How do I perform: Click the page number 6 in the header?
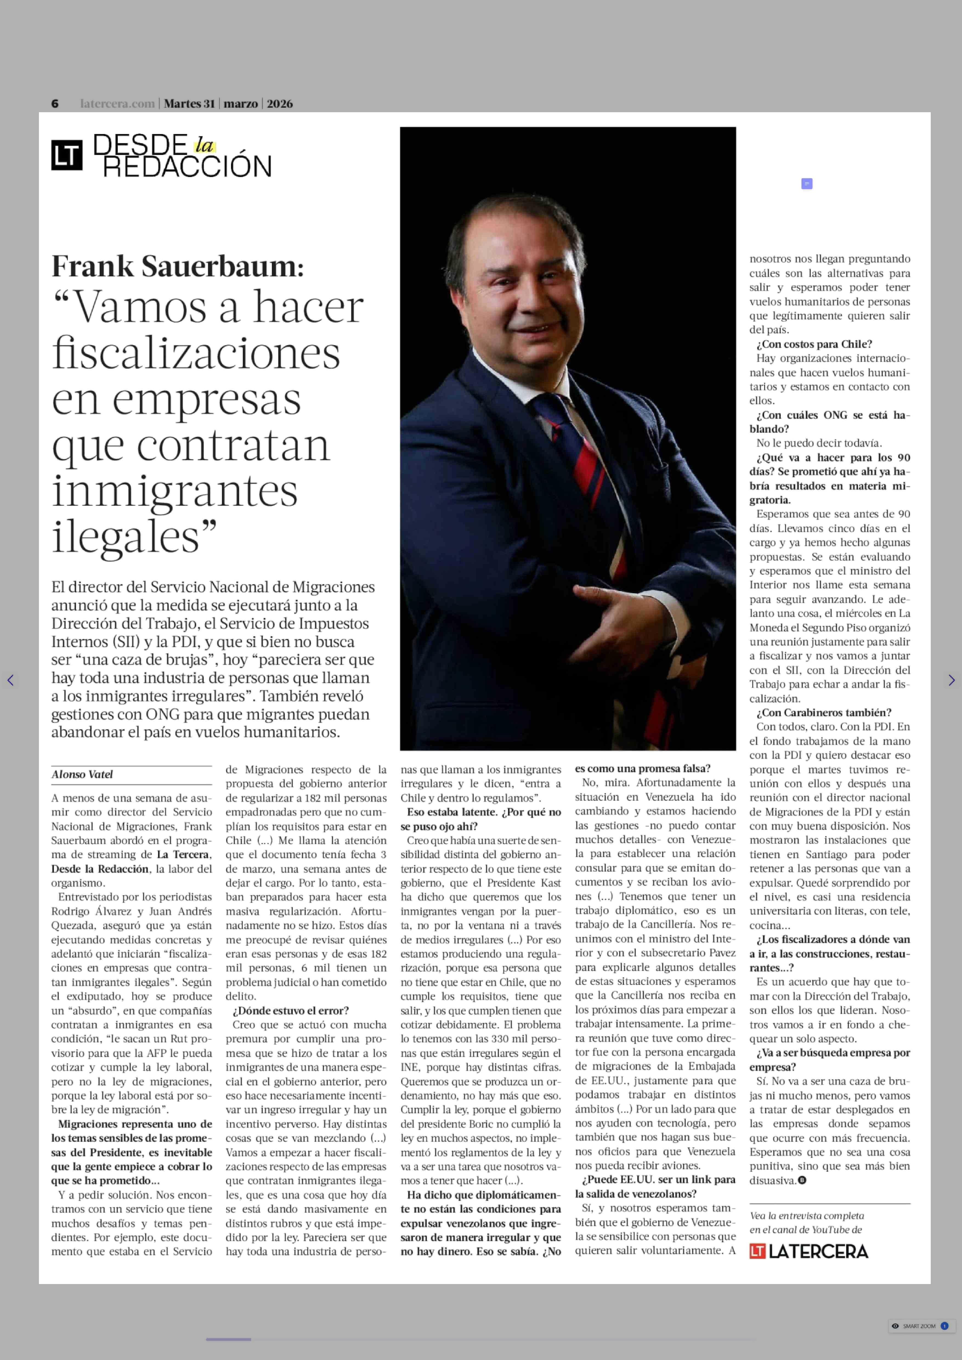pyautogui.click(x=55, y=104)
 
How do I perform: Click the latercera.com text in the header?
pyautogui.click(x=117, y=104)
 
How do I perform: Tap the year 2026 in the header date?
pyautogui.click(x=280, y=104)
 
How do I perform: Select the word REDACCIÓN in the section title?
pyautogui.click(x=187, y=167)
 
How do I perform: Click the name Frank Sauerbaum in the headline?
pyautogui.click(x=177, y=267)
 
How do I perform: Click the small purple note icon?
pyautogui.click(x=806, y=184)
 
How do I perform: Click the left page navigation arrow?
pyautogui.click(x=10, y=680)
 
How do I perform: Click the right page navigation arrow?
pyautogui.click(x=951, y=680)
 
